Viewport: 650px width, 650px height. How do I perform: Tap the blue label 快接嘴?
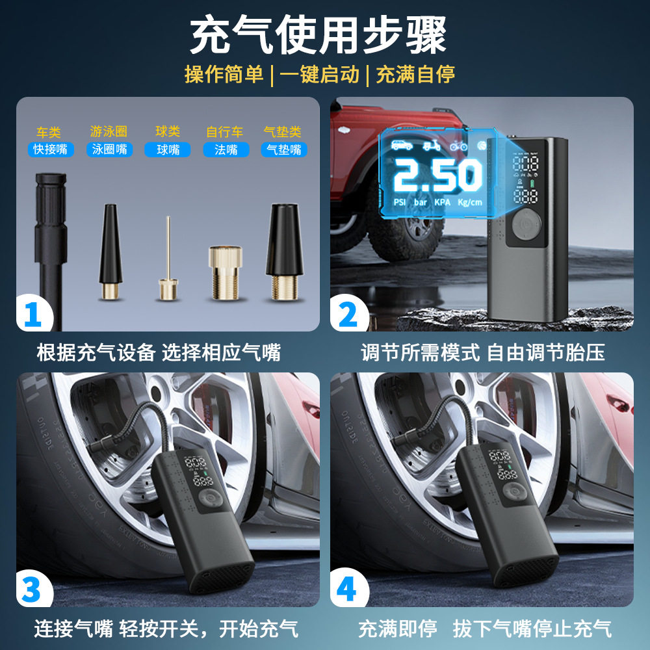click(x=50, y=149)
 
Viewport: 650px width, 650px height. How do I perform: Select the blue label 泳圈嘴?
click(x=109, y=149)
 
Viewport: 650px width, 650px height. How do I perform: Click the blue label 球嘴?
click(x=168, y=149)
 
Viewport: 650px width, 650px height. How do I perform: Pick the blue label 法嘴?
click(x=226, y=149)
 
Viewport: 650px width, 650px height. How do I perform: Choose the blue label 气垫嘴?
click(x=283, y=149)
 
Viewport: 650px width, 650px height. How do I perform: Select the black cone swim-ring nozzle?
click(x=110, y=250)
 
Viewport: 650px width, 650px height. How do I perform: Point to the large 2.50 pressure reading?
click(x=437, y=175)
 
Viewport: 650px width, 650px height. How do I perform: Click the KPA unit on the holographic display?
click(x=443, y=202)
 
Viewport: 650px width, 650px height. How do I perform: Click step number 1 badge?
click(x=32, y=315)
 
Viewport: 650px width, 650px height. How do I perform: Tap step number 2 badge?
click(x=348, y=315)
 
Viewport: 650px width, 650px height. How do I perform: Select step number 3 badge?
click(x=32, y=591)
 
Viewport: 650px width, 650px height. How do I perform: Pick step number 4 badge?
click(x=348, y=591)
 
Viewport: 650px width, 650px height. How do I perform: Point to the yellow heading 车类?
click(x=49, y=132)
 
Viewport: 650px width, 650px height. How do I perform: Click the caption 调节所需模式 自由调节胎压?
click(x=482, y=353)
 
